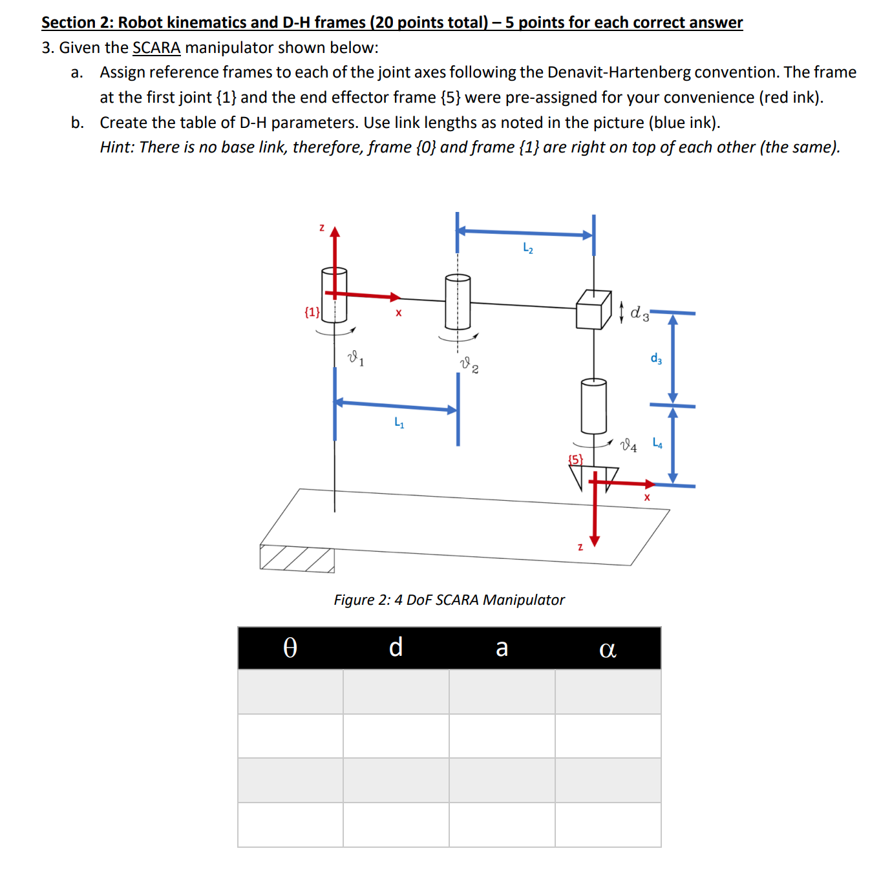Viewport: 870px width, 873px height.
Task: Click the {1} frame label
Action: [312, 312]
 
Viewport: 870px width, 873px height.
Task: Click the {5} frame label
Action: [575, 459]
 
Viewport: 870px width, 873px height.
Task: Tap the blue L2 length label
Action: [527, 248]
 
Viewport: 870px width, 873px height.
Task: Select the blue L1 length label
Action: [399, 423]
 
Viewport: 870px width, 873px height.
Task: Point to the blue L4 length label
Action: [657, 443]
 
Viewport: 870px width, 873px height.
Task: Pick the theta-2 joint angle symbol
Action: [469, 365]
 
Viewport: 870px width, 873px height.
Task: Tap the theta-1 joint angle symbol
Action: [355, 358]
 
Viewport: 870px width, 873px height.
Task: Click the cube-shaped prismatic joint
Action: [593, 310]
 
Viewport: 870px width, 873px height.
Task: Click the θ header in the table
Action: [290, 647]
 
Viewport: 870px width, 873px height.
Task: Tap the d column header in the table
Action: [396, 647]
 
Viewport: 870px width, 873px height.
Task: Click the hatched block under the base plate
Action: [297, 559]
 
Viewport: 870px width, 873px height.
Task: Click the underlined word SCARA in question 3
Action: [156, 48]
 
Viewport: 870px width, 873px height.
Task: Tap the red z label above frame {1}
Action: [321, 227]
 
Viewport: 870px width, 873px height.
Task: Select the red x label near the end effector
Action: [646, 497]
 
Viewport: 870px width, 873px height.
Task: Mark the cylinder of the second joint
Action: [458, 302]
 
